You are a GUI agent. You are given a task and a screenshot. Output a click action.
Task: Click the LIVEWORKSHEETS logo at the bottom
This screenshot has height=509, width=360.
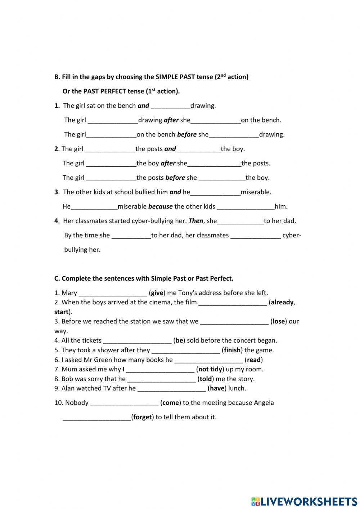coord(304,501)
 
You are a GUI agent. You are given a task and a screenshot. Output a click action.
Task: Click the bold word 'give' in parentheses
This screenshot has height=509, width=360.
coord(157,293)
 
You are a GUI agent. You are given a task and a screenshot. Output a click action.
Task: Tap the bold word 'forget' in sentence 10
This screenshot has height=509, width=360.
coord(142,417)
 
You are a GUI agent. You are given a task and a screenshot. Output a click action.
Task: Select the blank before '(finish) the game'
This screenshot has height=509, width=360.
coord(186,350)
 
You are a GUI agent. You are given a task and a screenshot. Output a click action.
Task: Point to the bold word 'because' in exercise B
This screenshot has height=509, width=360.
coord(160,206)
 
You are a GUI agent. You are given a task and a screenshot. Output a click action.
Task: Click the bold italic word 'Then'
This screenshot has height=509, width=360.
coord(196,221)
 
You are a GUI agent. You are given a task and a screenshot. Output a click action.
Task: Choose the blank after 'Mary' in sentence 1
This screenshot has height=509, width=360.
coord(113,293)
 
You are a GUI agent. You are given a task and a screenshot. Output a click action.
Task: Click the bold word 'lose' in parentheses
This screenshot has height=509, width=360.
coord(279,321)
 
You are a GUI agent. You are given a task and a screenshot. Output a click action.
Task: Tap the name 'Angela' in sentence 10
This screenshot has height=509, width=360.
coord(264,403)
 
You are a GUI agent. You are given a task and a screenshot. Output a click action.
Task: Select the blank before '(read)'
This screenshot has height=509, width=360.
coord(209,360)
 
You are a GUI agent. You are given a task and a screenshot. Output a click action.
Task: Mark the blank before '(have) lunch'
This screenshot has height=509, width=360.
coord(172,388)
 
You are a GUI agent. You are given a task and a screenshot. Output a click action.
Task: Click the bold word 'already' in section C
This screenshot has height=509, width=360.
coord(282,302)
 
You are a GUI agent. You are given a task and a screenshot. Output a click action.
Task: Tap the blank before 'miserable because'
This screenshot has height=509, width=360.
coord(94,206)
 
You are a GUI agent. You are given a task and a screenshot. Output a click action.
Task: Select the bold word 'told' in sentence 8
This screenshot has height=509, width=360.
coord(206,379)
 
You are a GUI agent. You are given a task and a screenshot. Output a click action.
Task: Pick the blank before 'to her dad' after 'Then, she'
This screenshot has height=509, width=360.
coord(240,221)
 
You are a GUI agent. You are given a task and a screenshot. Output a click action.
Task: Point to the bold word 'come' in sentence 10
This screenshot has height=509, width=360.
coord(171,403)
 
